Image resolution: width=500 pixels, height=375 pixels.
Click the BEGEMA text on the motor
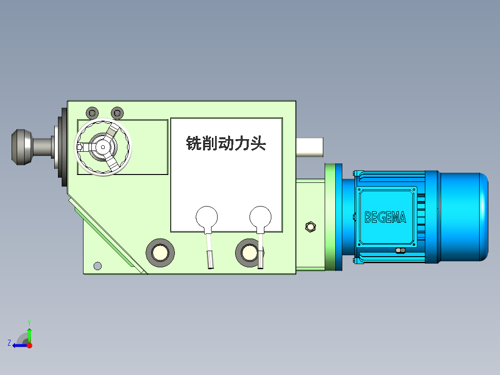(385, 217)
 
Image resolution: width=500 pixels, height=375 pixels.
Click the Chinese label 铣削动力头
(226, 143)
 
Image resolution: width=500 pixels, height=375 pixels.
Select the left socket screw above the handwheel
(93, 113)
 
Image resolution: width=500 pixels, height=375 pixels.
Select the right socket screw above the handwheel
(118, 113)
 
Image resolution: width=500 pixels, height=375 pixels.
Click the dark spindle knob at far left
(21, 147)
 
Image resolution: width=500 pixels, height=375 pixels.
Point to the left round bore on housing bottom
(160, 252)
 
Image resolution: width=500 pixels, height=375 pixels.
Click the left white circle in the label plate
(207, 216)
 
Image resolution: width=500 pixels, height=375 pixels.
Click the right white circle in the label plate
(260, 216)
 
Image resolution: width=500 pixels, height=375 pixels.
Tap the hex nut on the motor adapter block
(311, 226)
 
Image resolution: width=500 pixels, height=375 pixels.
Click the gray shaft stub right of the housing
(310, 147)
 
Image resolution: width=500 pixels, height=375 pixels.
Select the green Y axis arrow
(29, 333)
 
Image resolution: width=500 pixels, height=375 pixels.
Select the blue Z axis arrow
(19, 345)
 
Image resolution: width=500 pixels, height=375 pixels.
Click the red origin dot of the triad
(29, 345)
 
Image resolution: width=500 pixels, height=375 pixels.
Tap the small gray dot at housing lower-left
(97, 266)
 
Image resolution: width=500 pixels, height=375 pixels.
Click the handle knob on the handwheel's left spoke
(80, 147)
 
